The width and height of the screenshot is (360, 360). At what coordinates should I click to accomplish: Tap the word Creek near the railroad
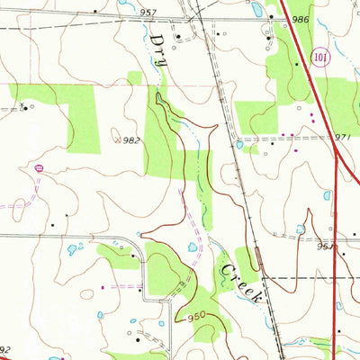tap(238, 281)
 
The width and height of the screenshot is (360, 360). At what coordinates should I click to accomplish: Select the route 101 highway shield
tap(321, 58)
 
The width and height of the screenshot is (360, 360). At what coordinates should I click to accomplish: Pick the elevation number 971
tap(341, 135)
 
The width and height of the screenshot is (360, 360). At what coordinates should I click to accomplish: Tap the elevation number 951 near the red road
tap(326, 244)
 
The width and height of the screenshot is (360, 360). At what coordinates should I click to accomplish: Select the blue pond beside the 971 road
tap(239, 144)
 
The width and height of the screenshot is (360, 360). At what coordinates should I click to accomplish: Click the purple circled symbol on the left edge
tap(38, 167)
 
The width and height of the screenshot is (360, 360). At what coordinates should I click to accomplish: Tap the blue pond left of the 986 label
tap(256, 13)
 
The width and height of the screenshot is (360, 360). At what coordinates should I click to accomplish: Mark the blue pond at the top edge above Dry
tap(122, 3)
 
